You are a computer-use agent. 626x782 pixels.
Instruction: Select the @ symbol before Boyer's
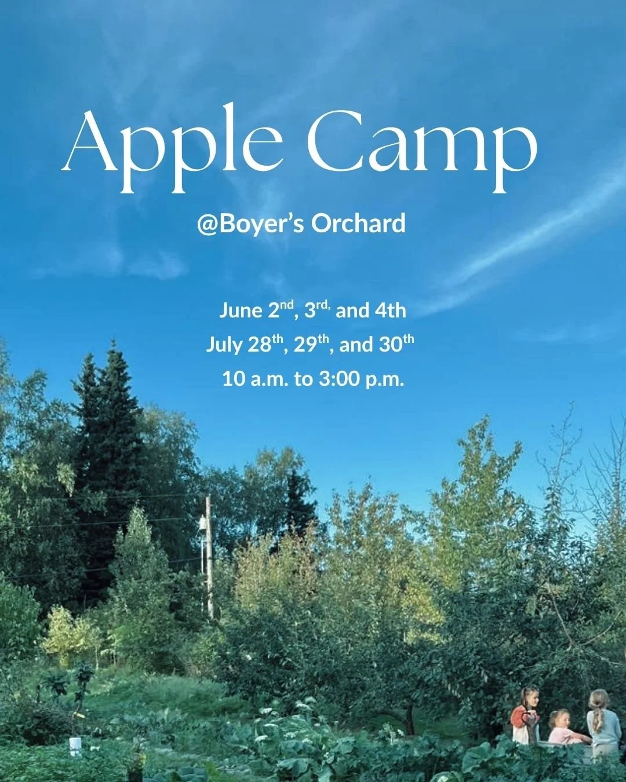(208, 224)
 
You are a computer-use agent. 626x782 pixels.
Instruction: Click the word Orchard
(358, 224)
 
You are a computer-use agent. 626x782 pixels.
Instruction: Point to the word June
(241, 311)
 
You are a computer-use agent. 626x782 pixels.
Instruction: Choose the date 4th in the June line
(390, 310)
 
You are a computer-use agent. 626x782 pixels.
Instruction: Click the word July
(224, 345)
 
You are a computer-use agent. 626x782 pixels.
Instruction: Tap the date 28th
(266, 344)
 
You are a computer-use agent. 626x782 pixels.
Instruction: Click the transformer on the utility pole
(202, 525)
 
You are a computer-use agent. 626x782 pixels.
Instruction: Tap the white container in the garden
(75, 747)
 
